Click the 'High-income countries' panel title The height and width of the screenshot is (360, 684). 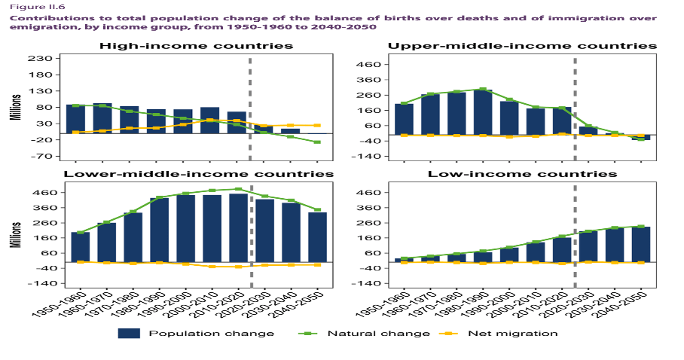(x=197, y=46)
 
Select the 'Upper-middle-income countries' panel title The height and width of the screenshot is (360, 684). (x=522, y=46)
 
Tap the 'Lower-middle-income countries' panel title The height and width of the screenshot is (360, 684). (x=198, y=174)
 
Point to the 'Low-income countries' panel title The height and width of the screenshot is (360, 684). (x=522, y=174)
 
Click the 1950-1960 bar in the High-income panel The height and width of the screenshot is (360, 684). (x=75, y=119)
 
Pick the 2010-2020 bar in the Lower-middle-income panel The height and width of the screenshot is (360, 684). (x=238, y=228)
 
